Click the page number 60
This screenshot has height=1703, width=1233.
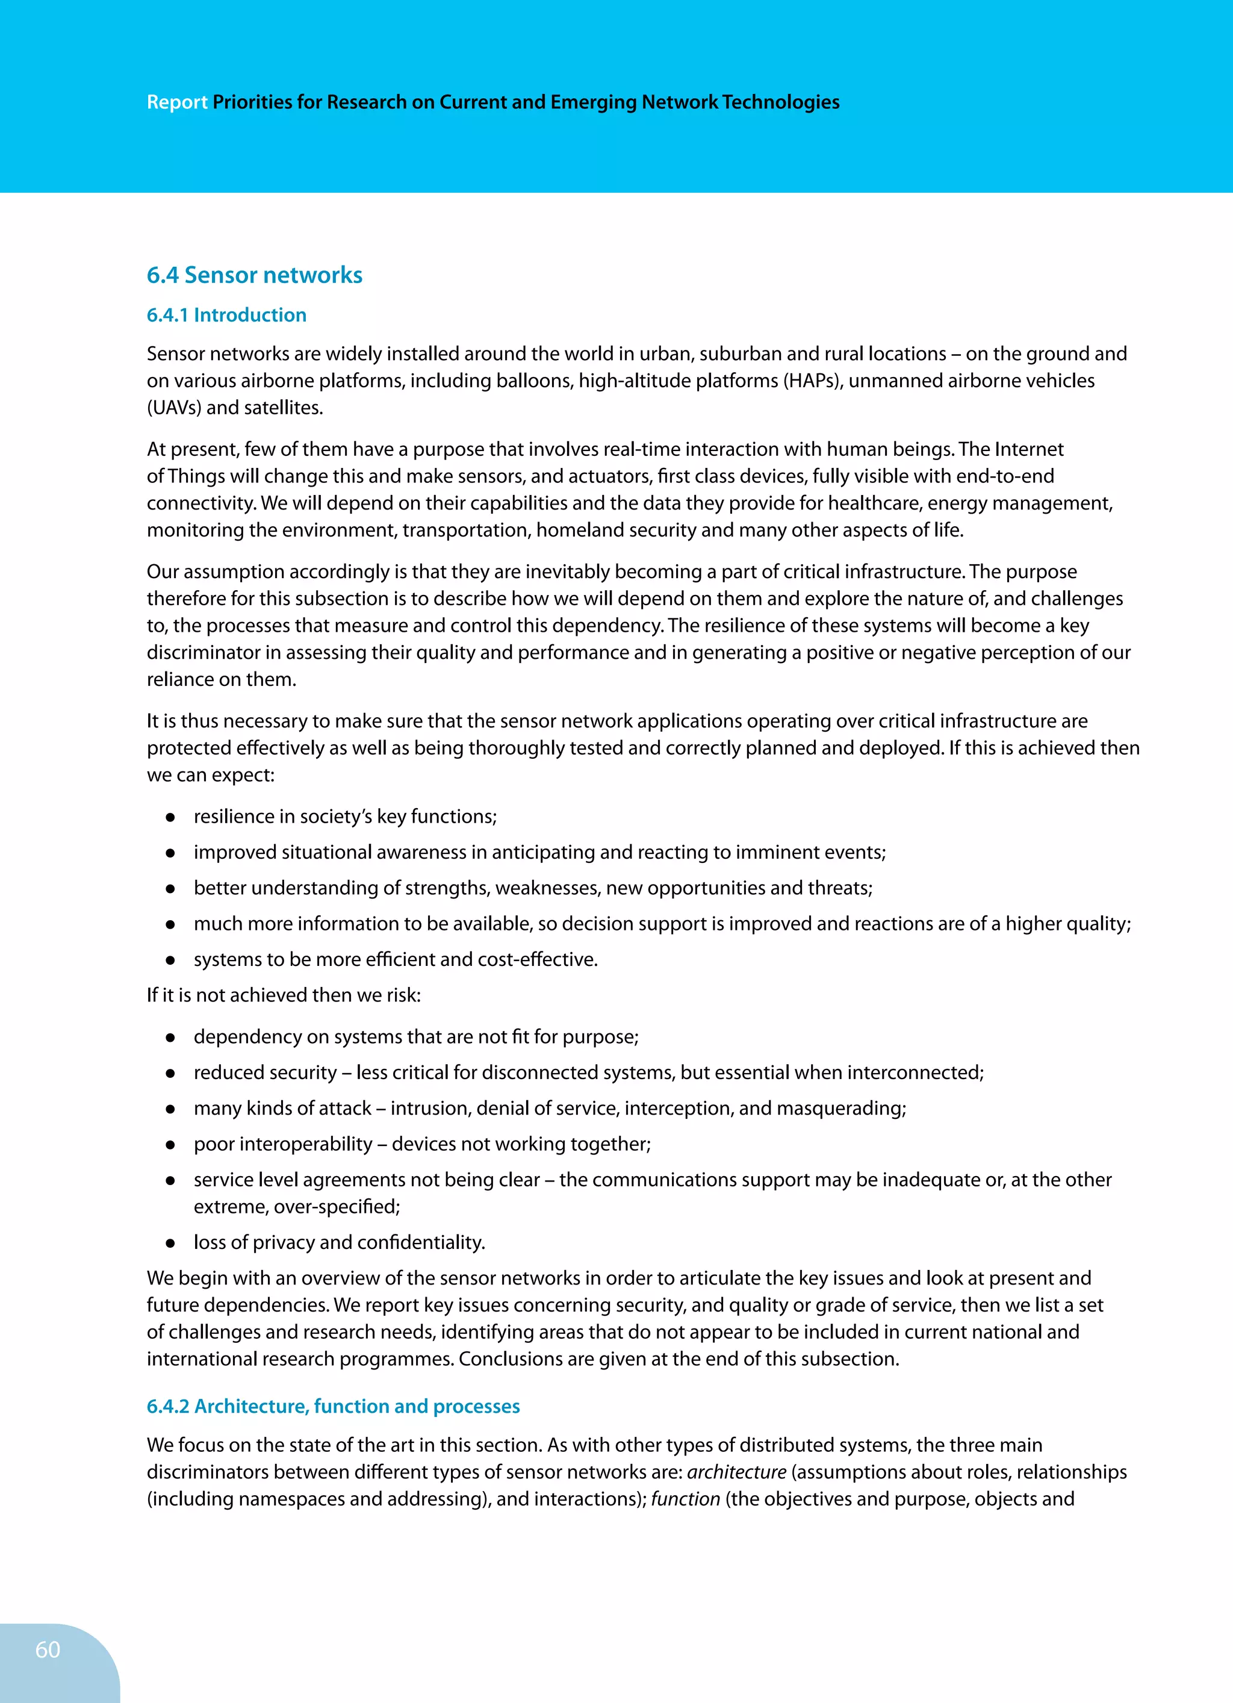48,1649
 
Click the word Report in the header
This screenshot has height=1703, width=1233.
176,102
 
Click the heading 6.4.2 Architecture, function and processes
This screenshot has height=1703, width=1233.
334,1406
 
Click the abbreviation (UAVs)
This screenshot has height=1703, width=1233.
173,408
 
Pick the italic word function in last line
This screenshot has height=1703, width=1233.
685,1499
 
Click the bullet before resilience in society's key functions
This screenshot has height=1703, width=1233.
170,817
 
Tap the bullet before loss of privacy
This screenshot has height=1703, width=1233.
170,1243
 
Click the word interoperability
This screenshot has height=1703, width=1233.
282,1144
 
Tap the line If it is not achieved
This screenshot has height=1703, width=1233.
284,995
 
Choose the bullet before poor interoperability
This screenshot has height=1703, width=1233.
170,1144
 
